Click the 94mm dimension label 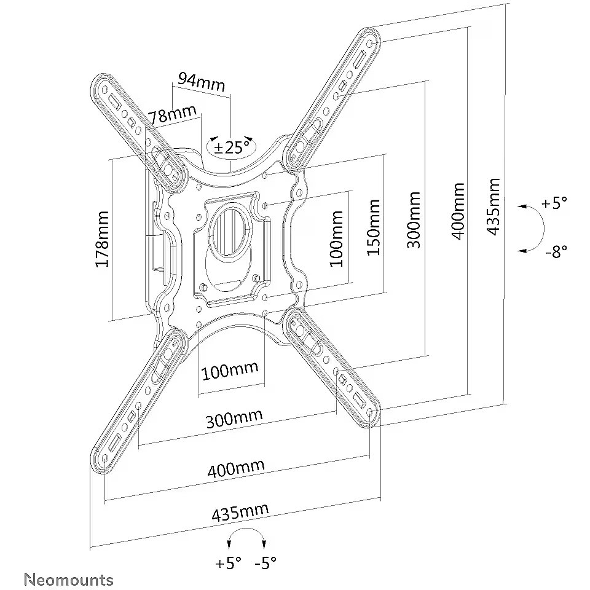click(x=202, y=82)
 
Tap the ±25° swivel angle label click(x=232, y=146)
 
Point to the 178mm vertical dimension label click(x=102, y=239)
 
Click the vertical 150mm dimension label click(x=374, y=227)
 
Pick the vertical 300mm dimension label click(x=414, y=220)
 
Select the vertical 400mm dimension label click(x=457, y=211)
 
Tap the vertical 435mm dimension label click(x=493, y=206)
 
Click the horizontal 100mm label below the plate click(x=230, y=370)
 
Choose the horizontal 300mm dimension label click(x=234, y=419)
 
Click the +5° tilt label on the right click(x=554, y=203)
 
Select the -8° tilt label click(x=556, y=251)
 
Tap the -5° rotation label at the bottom click(x=265, y=562)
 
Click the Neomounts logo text click(x=68, y=579)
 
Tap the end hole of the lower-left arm click(x=105, y=458)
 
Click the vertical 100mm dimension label click(x=336, y=238)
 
